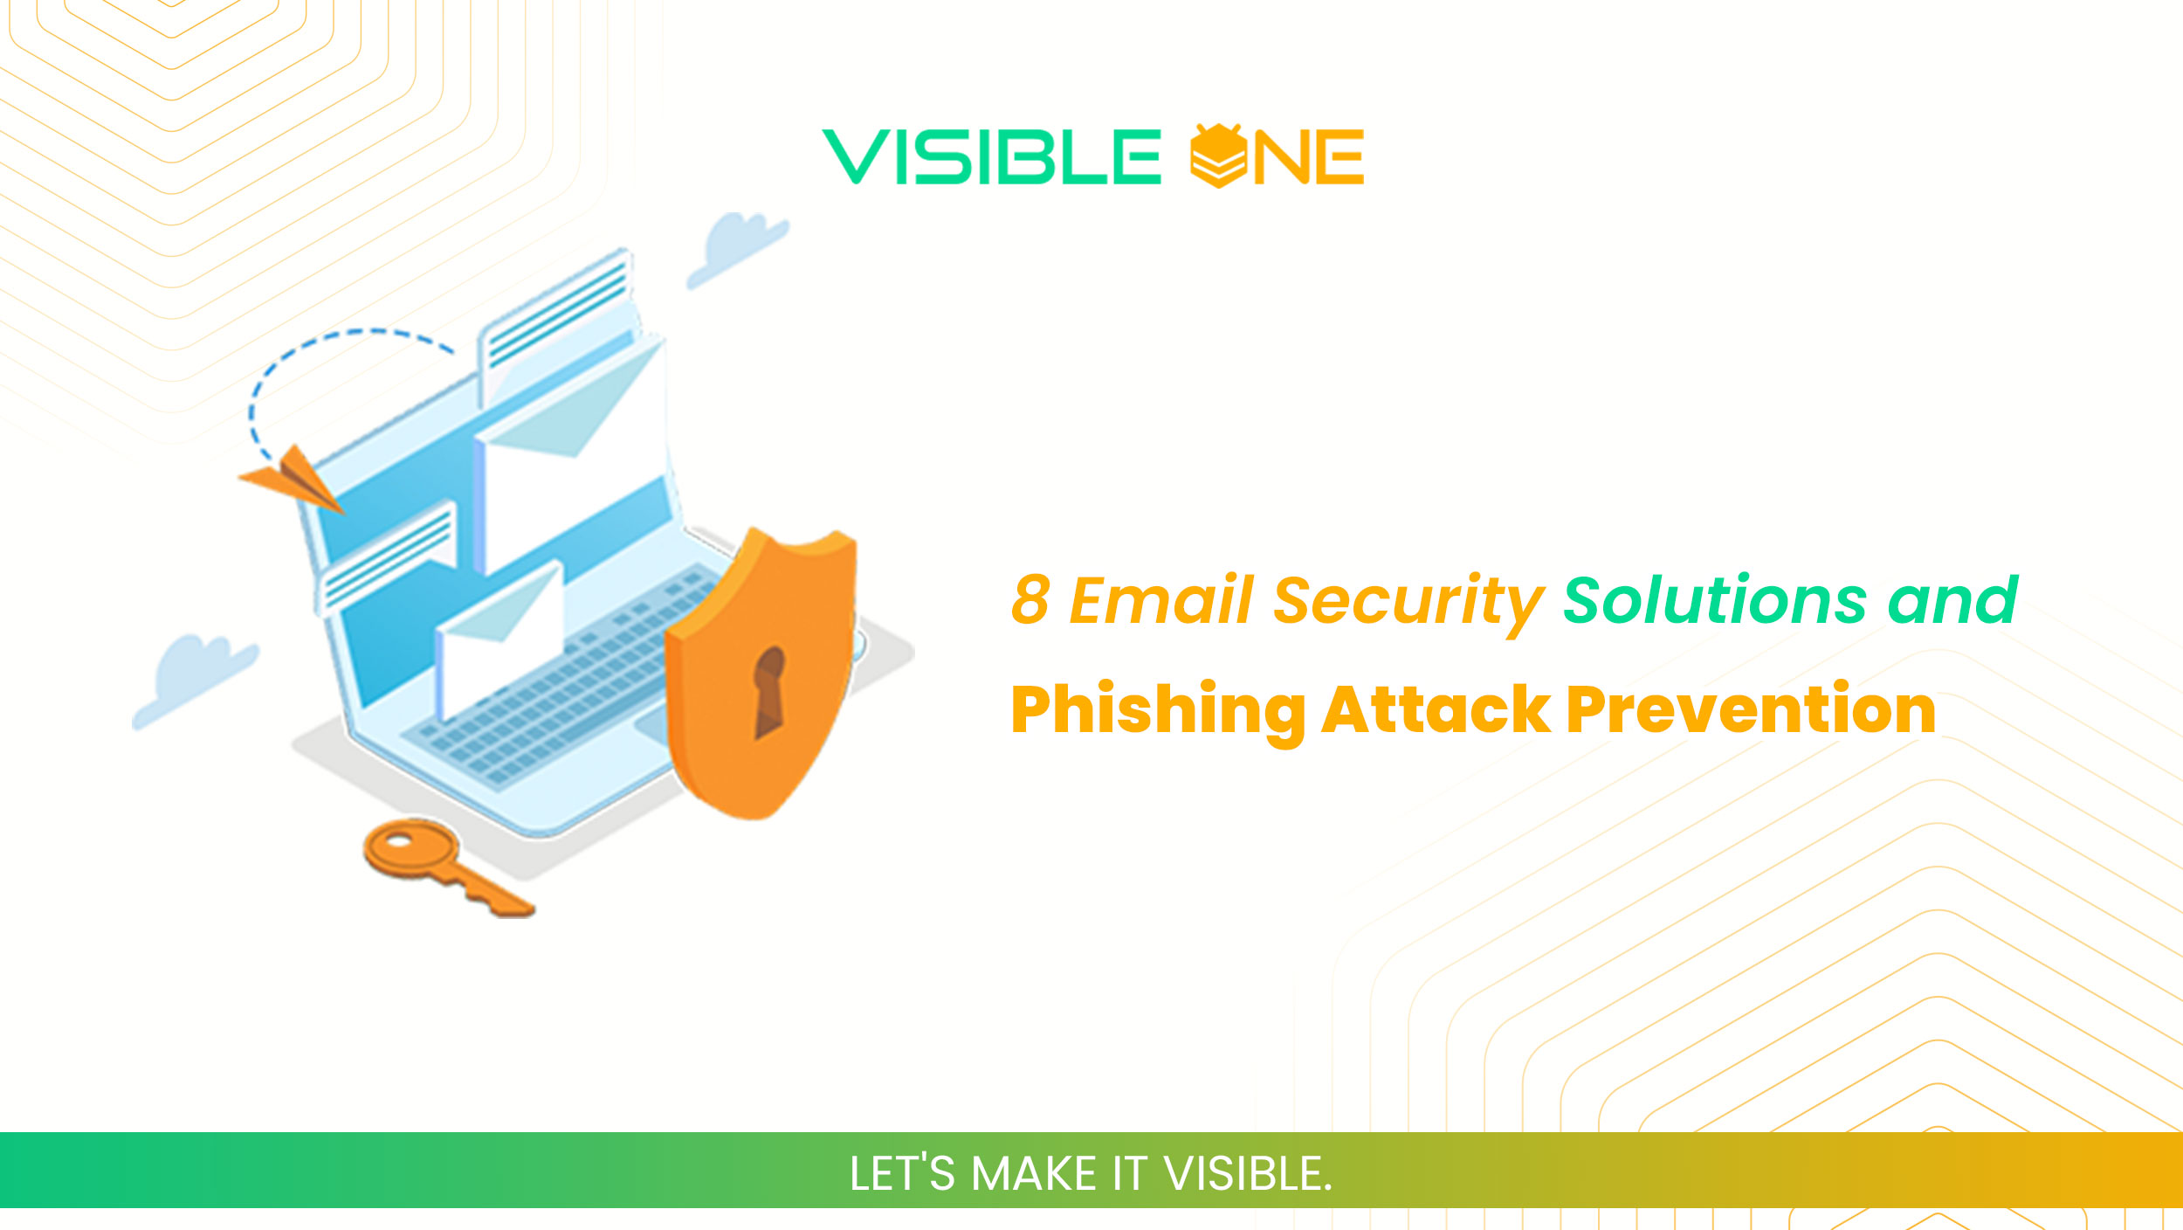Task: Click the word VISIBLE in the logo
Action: point(991,157)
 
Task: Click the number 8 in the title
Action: point(1030,600)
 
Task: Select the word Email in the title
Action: point(1161,600)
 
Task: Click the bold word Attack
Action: point(1436,709)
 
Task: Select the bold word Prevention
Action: point(1751,709)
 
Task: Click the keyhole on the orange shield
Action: point(769,691)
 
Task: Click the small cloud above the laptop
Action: point(738,247)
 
